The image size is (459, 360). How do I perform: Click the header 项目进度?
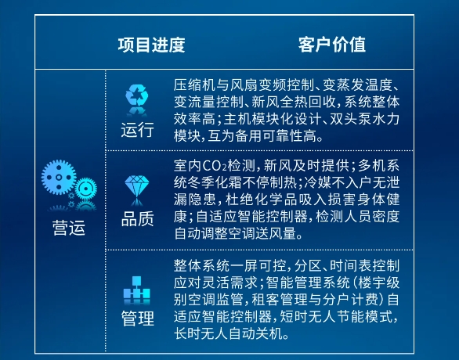[151, 45]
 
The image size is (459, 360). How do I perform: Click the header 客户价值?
[332, 45]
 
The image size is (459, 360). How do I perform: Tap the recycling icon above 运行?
[137, 95]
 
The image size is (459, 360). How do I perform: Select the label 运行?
[137, 130]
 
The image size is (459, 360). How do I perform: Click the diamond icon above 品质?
[137, 186]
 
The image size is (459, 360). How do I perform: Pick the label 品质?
[137, 219]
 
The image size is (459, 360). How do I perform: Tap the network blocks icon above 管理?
[137, 287]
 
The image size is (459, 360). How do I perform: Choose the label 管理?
[137, 319]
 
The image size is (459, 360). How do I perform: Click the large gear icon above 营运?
[59, 177]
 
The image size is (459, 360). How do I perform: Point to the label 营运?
[69, 228]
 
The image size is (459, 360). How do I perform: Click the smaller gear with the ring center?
[86, 189]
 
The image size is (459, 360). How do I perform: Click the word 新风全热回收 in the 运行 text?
[294, 102]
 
